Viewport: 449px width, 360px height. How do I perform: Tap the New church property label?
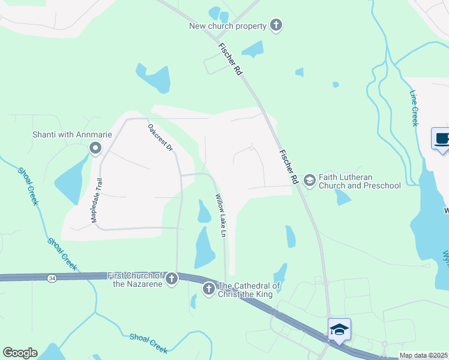[x=228, y=26]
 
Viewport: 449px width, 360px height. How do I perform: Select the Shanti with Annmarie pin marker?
[x=95, y=148]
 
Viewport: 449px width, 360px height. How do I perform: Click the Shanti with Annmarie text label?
[x=71, y=134]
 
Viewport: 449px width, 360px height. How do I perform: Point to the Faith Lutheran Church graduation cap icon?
[x=309, y=179]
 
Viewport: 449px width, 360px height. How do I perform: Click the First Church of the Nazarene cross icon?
[x=172, y=278]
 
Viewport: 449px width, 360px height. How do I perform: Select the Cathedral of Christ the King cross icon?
[x=208, y=289]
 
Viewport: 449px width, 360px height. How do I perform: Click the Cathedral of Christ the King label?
[x=249, y=290]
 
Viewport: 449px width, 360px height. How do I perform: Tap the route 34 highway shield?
[x=53, y=277]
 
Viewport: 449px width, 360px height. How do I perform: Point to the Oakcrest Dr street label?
[x=160, y=137]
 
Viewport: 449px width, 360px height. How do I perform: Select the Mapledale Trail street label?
[x=97, y=201]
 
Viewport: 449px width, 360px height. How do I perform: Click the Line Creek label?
[x=414, y=108]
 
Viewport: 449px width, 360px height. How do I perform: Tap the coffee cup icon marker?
[x=441, y=139]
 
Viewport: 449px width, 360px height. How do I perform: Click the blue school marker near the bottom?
[x=339, y=329]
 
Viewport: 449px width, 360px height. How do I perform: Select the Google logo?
[x=20, y=353]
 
